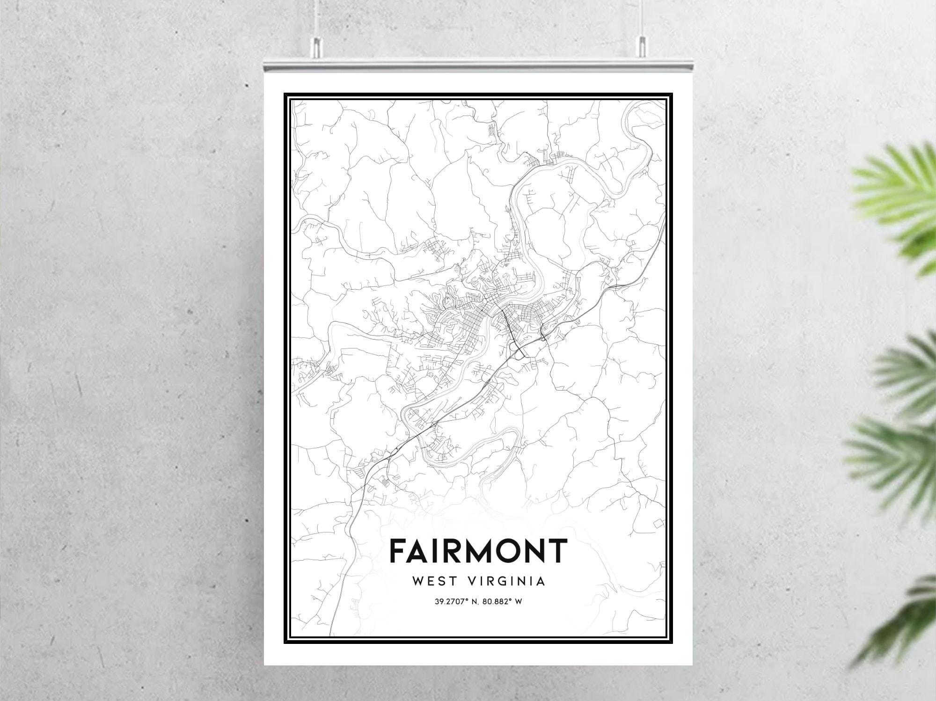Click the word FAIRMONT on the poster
pyautogui.click(x=478, y=551)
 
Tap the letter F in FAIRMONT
pyautogui.click(x=399, y=551)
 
